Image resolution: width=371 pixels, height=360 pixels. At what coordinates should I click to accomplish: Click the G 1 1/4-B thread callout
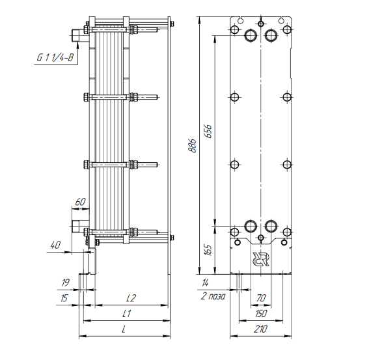point(55,57)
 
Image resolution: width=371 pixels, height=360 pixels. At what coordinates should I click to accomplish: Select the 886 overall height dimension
point(193,146)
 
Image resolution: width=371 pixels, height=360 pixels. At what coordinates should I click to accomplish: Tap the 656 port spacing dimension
point(208,131)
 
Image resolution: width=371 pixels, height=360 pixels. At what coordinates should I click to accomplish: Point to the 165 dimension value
point(208,250)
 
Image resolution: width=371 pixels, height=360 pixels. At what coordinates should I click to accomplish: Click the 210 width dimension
point(260,329)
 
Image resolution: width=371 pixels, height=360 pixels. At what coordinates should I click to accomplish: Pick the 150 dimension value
point(261,314)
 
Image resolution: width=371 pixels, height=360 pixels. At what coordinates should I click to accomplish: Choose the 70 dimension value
point(261,298)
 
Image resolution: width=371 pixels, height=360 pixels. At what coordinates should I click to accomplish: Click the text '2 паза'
point(213,296)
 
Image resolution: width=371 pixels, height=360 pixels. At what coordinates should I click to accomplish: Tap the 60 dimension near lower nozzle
point(80,202)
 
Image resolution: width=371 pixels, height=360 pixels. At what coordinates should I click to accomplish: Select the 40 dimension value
point(55,245)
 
